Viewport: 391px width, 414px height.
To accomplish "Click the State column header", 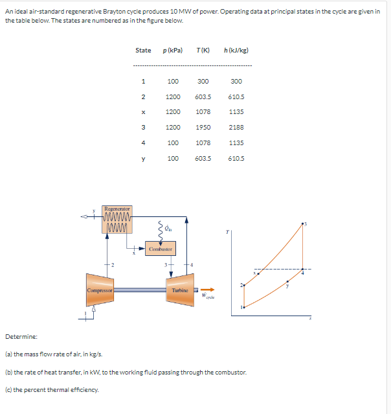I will click(143, 50).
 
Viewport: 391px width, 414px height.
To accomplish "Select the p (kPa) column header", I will click(173, 50).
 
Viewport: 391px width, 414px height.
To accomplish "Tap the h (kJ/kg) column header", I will click(236, 50).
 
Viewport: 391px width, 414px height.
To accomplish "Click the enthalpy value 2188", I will click(236, 127).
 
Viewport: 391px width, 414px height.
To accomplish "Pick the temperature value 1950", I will click(203, 127).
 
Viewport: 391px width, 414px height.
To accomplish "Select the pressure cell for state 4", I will click(173, 143).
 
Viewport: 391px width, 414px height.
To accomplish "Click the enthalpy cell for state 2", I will click(236, 97).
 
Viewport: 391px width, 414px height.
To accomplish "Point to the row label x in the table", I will click(142, 112).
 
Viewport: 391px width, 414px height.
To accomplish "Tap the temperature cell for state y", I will click(203, 158).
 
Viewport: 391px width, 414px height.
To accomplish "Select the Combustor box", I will click(160, 249).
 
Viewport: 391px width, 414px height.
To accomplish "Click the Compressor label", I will click(100, 290).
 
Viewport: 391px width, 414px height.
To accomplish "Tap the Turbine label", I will click(180, 290).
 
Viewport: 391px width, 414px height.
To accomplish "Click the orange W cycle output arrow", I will click(208, 290).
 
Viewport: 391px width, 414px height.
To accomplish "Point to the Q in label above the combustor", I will click(166, 227).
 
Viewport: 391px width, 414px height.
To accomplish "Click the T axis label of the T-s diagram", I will click(227, 232).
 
